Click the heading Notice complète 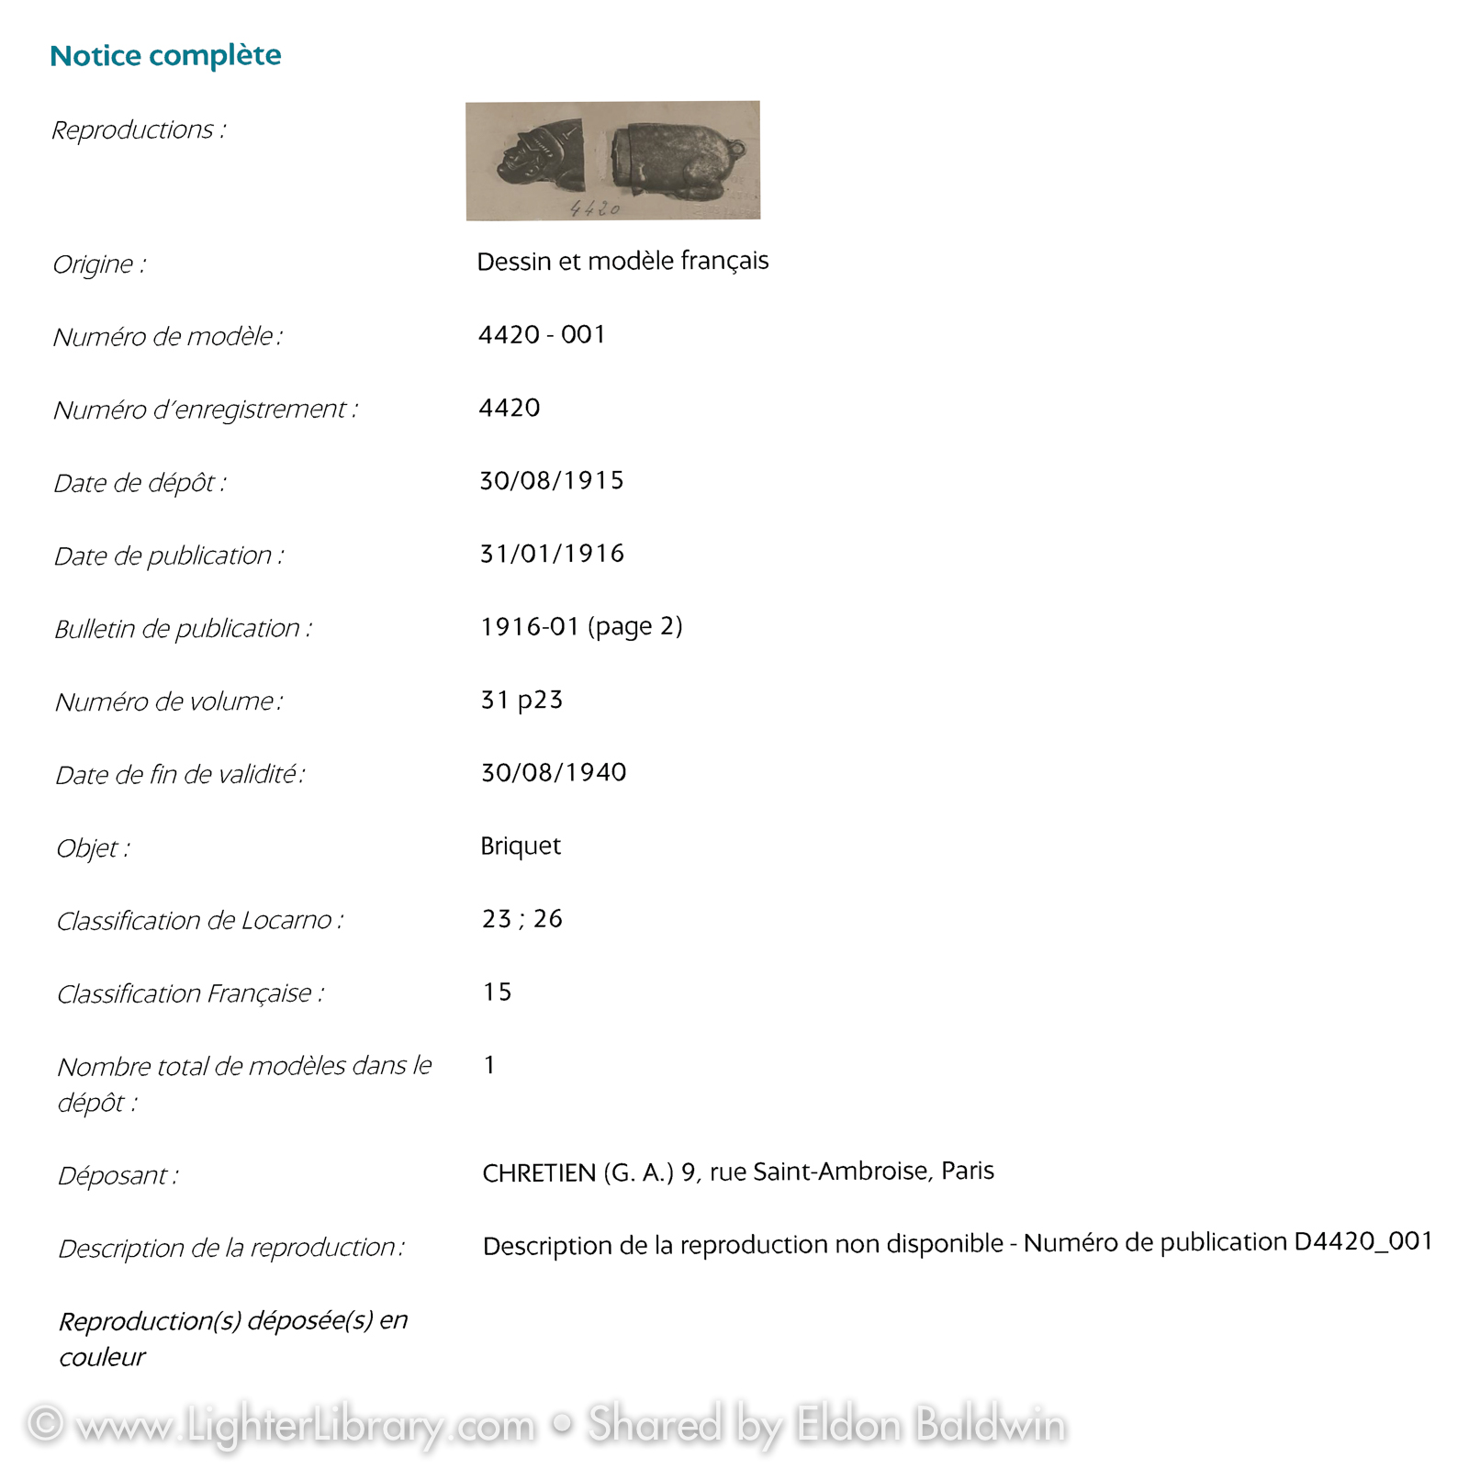pos(165,56)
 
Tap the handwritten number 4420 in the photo pos(594,208)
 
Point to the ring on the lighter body pos(736,148)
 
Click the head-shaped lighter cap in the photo pos(539,155)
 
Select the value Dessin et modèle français pos(622,262)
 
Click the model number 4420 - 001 pos(542,335)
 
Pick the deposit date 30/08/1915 pos(552,481)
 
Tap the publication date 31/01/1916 pos(552,554)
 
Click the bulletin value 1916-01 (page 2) pos(581,627)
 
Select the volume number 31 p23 pos(521,701)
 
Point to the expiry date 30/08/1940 pos(554,773)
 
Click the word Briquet pos(521,846)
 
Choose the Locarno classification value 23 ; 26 pos(522,919)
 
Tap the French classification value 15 pos(497,992)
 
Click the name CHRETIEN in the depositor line pos(539,1173)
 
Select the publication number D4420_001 pos(1363,1242)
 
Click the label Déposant pos(118,1176)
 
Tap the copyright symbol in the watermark pos(45,1424)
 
